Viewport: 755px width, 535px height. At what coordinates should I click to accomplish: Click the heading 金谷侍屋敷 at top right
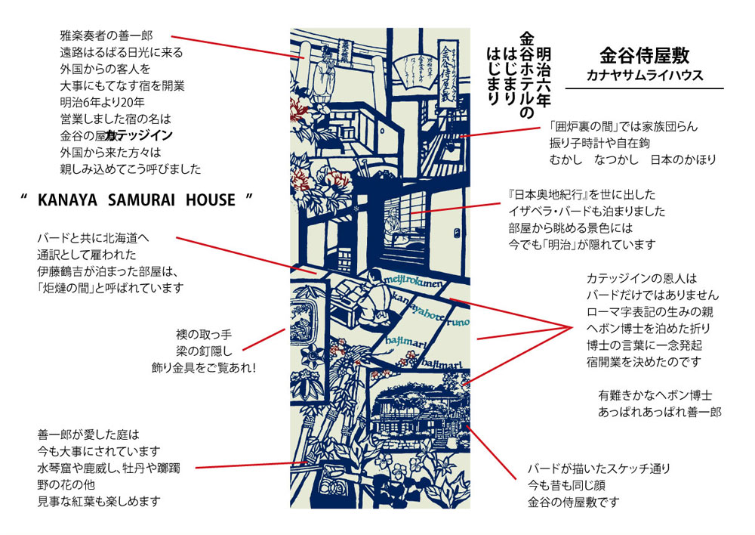pos(644,56)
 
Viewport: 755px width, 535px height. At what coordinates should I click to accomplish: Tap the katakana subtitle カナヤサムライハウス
pos(644,76)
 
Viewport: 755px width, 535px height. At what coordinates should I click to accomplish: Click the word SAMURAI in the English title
pos(135,200)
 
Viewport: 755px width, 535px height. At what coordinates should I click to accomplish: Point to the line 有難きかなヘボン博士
pos(655,395)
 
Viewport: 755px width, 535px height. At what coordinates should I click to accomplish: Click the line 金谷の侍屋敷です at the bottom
pos(575,502)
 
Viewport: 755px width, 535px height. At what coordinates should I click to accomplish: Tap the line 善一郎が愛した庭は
pos(88,434)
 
